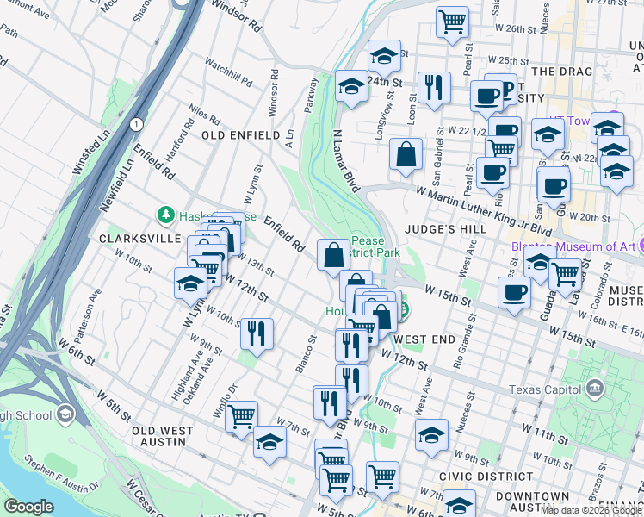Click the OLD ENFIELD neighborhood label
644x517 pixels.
(x=240, y=135)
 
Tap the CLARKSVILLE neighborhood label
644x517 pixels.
(x=140, y=238)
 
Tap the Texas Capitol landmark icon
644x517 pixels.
(x=593, y=389)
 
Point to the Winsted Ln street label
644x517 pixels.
(x=90, y=153)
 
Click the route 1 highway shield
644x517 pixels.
(x=136, y=125)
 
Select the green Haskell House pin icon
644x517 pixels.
(x=164, y=214)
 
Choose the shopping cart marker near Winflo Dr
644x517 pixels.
(x=242, y=415)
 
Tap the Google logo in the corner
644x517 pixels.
(x=28, y=506)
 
